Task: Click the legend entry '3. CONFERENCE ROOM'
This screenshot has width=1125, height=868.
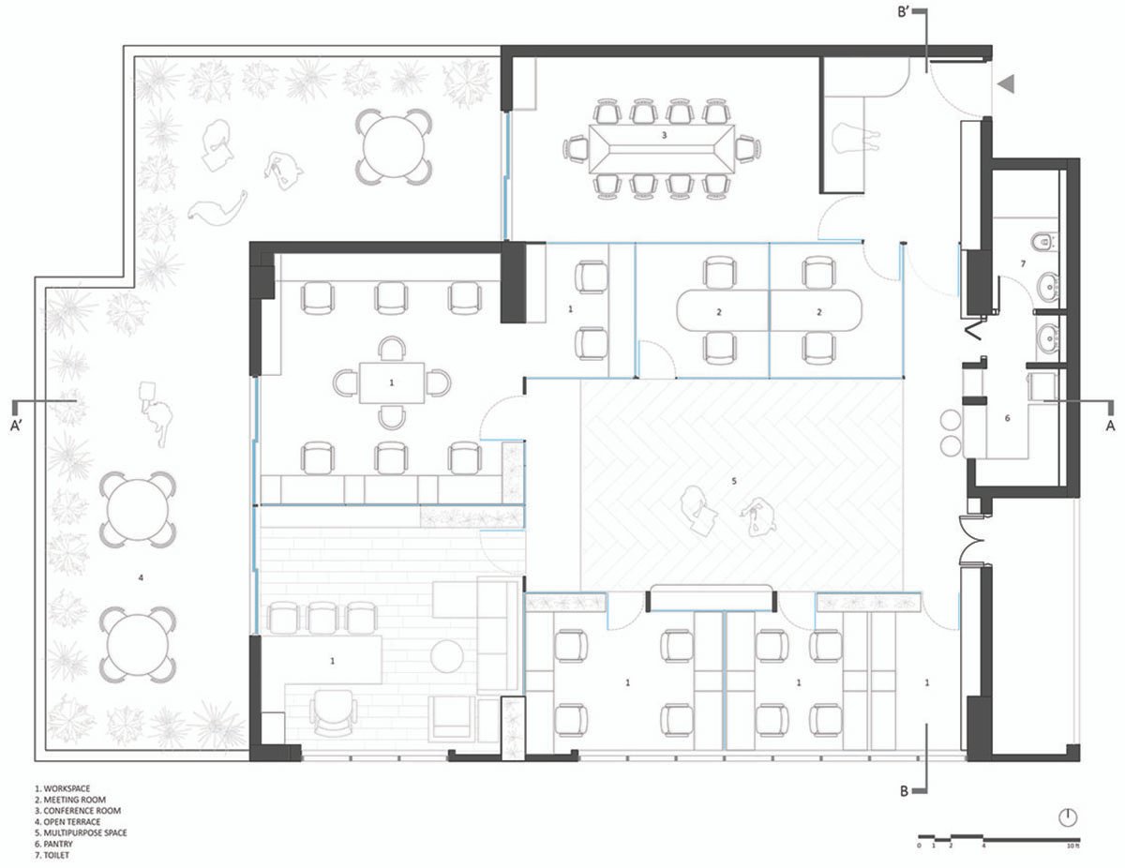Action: (79, 810)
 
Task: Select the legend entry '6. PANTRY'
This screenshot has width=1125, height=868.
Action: (55, 844)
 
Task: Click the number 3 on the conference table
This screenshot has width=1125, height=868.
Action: (664, 136)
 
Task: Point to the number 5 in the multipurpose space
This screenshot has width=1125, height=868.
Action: (735, 482)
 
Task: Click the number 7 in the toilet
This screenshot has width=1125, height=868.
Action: (1023, 265)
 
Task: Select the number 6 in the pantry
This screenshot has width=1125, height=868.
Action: (1008, 418)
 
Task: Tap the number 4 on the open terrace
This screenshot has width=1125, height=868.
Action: (141, 578)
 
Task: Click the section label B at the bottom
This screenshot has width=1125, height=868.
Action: (906, 791)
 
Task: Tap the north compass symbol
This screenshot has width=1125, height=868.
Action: (1068, 816)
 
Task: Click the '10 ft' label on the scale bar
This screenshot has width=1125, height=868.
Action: (1071, 846)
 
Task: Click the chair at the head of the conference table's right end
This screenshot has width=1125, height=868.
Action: (747, 148)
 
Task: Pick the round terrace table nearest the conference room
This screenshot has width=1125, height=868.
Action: (395, 147)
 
